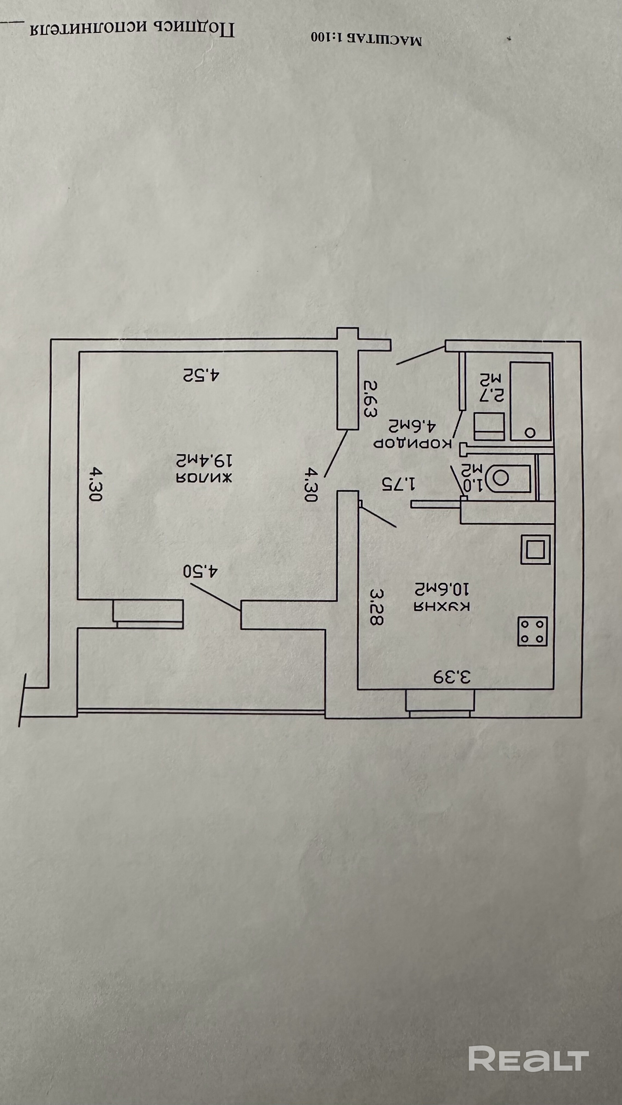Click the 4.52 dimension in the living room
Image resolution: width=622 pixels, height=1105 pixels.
tap(201, 375)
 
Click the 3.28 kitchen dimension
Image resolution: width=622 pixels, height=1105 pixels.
tap(376, 607)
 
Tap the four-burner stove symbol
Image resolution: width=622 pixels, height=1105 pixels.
tap(532, 631)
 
